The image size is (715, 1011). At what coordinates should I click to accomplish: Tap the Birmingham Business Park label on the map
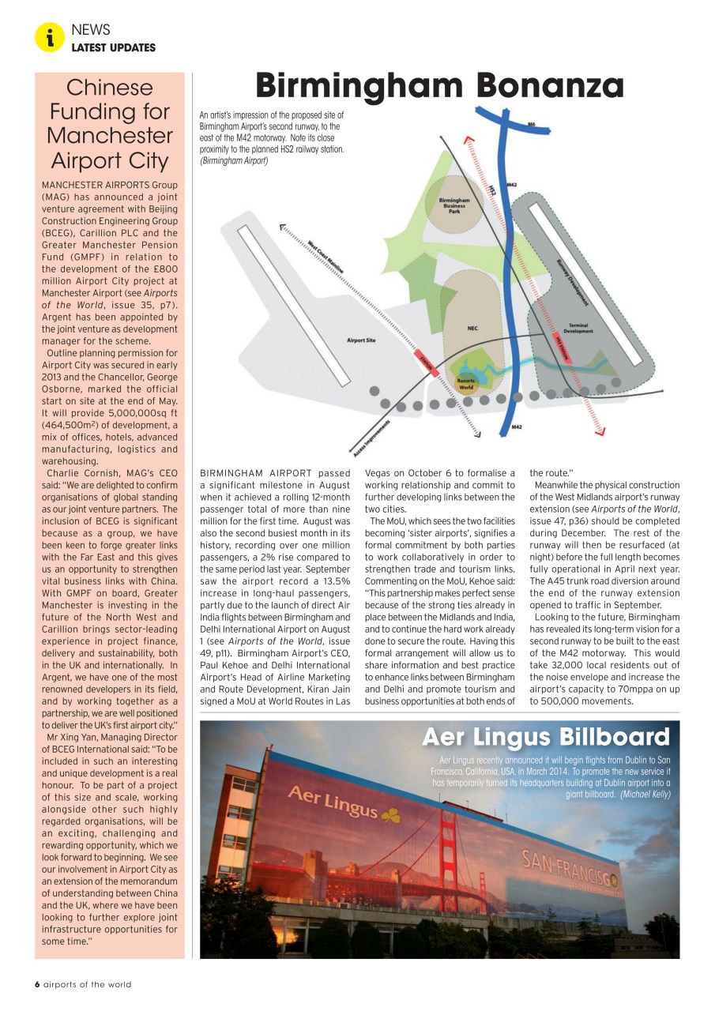454,205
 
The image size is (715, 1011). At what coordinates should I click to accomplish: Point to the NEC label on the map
472,328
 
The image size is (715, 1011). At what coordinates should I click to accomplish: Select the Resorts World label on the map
466,384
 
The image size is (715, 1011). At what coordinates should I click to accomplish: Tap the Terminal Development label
578,328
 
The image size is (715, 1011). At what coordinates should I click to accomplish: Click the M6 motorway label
531,124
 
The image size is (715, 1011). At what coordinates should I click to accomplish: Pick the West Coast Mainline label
326,257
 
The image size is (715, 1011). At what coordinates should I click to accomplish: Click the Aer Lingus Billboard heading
545,737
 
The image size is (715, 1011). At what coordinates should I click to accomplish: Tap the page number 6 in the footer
36,984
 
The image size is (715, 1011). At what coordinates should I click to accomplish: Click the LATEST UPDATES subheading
113,47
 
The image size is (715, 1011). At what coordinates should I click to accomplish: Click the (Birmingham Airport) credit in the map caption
234,161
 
